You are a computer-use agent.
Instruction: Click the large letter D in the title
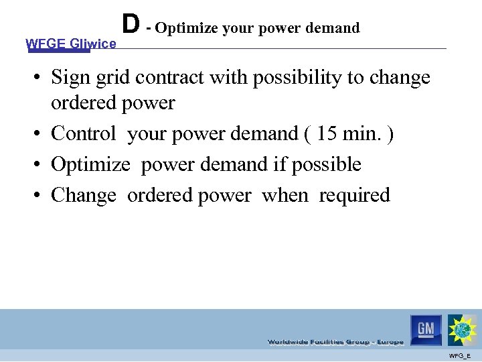131,23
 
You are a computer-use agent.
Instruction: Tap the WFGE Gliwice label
70,44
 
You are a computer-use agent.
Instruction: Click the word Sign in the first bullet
70,78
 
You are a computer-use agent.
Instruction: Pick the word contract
170,78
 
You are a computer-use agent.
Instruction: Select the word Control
83,133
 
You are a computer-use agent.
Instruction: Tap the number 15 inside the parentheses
328,133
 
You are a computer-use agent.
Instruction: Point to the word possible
329,164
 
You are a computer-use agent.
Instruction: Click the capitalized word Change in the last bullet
83,195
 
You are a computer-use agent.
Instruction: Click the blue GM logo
426,329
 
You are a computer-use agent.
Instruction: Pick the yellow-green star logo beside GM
463,330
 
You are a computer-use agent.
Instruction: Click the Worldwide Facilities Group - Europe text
335,342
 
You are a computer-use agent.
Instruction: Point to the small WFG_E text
460,355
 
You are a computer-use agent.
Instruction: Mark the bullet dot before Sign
41,78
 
